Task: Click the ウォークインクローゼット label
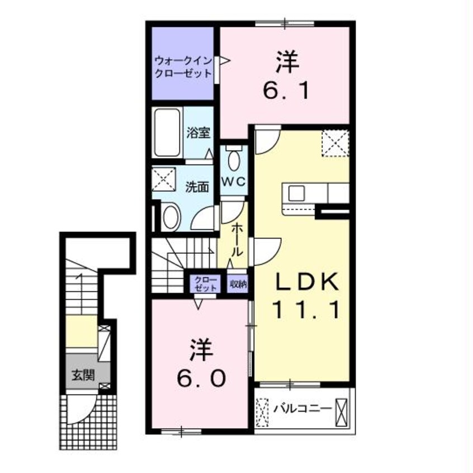[183, 67]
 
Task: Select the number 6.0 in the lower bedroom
[201, 378]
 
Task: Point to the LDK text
[307, 281]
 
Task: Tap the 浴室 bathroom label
[198, 133]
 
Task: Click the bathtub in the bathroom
[167, 133]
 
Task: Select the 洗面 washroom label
[197, 187]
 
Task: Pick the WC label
[234, 182]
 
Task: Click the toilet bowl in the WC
[234, 160]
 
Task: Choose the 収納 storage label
[238, 284]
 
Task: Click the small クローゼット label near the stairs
[205, 284]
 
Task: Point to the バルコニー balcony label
[302, 409]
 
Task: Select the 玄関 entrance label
[83, 376]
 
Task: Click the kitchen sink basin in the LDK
[296, 193]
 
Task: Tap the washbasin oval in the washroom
[171, 217]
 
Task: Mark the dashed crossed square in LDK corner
[335, 143]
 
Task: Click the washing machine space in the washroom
[163, 179]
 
